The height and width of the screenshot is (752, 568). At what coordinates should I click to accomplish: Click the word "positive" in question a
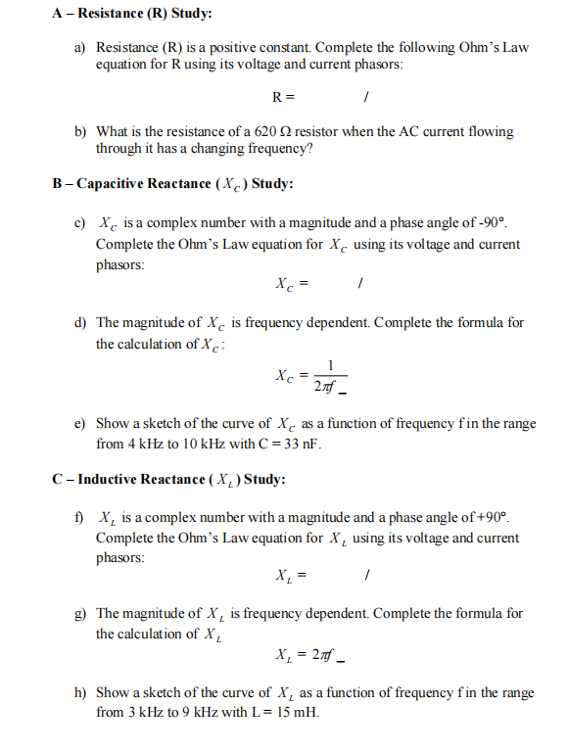tap(229, 47)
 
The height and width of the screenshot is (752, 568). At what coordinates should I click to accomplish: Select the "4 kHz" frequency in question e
tap(140, 444)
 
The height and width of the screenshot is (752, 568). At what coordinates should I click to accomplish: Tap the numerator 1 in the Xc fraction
tap(331, 366)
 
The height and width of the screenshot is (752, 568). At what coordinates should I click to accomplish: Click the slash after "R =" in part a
tap(364, 97)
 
